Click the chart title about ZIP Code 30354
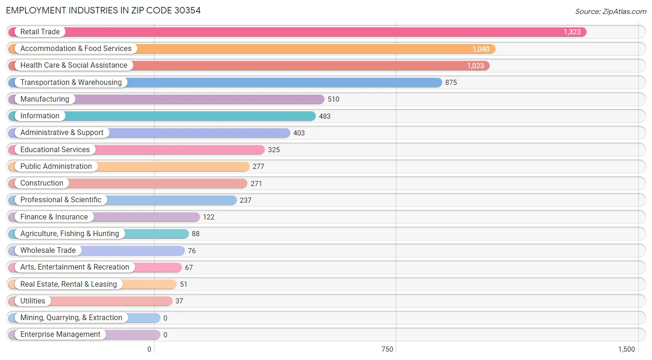tap(103, 10)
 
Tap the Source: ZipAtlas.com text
tap(610, 12)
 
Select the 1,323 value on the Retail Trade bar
tap(572, 32)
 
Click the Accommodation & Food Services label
tap(76, 49)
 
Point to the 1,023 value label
tap(475, 66)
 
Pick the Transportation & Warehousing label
tap(71, 83)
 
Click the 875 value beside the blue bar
tap(451, 83)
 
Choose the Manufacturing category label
tap(45, 99)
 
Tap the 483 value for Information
tap(325, 116)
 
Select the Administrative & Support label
tap(62, 133)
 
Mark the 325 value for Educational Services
tap(274, 150)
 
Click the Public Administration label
tap(56, 167)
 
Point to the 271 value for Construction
tap(256, 184)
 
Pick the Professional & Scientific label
tap(61, 200)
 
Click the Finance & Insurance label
tap(54, 217)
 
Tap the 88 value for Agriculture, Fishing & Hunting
tap(196, 234)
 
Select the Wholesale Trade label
tap(48, 251)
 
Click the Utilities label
tap(33, 301)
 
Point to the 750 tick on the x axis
tap(387, 349)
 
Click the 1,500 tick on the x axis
tap(626, 349)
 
